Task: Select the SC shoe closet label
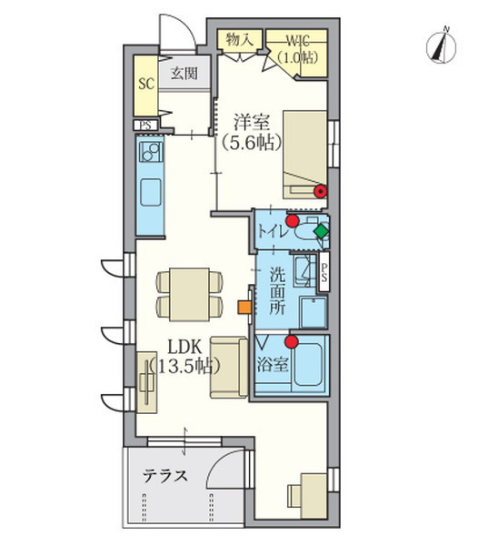[145, 82]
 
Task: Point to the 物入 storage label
[239, 39]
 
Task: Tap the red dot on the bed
[320, 191]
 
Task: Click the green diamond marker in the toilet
[319, 232]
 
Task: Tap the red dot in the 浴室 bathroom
[291, 342]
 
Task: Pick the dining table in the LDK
[191, 294]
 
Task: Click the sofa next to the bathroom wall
[226, 367]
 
